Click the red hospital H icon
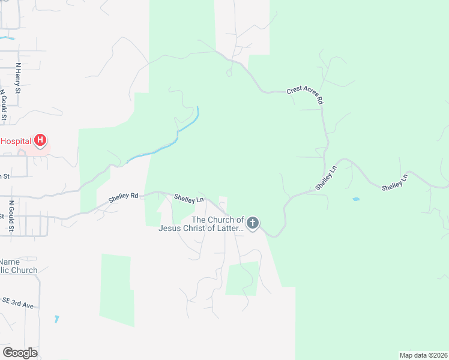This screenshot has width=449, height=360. tap(40, 141)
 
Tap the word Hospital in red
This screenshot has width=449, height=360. tap(16, 141)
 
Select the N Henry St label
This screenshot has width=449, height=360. tap(19, 78)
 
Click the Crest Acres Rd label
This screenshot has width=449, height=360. tap(306, 95)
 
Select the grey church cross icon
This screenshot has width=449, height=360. tap(253, 224)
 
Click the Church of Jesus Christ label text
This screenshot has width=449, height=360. tap(201, 224)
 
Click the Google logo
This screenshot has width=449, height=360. tap(20, 353)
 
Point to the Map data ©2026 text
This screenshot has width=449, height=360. tap(423, 355)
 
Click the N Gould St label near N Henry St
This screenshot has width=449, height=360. tap(4, 106)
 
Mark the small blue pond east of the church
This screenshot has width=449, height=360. tap(356, 199)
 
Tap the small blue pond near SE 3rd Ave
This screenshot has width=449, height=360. tap(56, 319)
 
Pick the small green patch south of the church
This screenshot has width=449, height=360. tap(242, 278)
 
